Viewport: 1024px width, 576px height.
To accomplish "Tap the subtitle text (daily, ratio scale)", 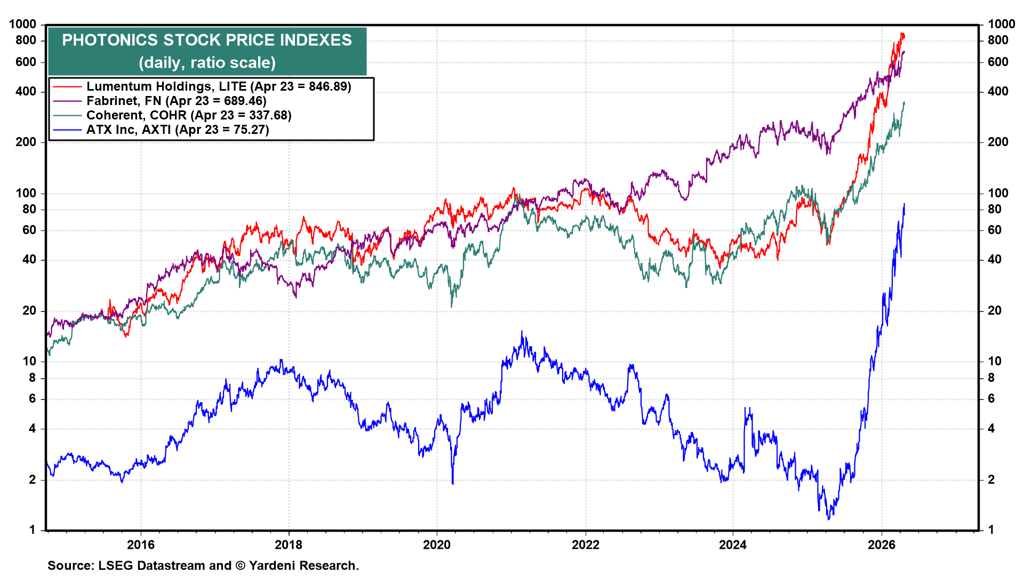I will pos(207,63).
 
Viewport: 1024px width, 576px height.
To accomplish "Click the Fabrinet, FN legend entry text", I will pos(176,101).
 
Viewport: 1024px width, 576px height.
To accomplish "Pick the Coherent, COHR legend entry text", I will pos(189,115).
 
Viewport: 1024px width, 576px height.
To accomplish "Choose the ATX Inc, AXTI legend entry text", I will pos(178,130).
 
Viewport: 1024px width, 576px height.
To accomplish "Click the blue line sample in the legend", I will pos(67,130).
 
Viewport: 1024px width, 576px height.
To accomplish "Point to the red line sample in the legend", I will pos(67,86).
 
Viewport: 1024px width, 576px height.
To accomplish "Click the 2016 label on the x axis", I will pos(141,545).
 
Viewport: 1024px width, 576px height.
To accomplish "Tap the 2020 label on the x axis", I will pos(437,545).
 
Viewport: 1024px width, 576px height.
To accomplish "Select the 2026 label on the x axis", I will pos(881,545).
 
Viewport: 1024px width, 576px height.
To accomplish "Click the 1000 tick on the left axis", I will pos(23,24).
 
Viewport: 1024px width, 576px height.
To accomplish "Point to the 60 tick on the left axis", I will pos(29,230).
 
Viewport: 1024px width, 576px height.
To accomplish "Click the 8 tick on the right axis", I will pos(991,378).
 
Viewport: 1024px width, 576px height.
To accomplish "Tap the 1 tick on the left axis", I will pos(33,530).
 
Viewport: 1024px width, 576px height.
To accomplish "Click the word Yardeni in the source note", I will pos(273,565).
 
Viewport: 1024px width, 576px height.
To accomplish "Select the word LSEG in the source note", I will pos(116,565).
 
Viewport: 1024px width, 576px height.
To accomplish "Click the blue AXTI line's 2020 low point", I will pos(453,483).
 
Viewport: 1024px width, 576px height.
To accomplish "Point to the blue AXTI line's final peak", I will pos(904,204).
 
